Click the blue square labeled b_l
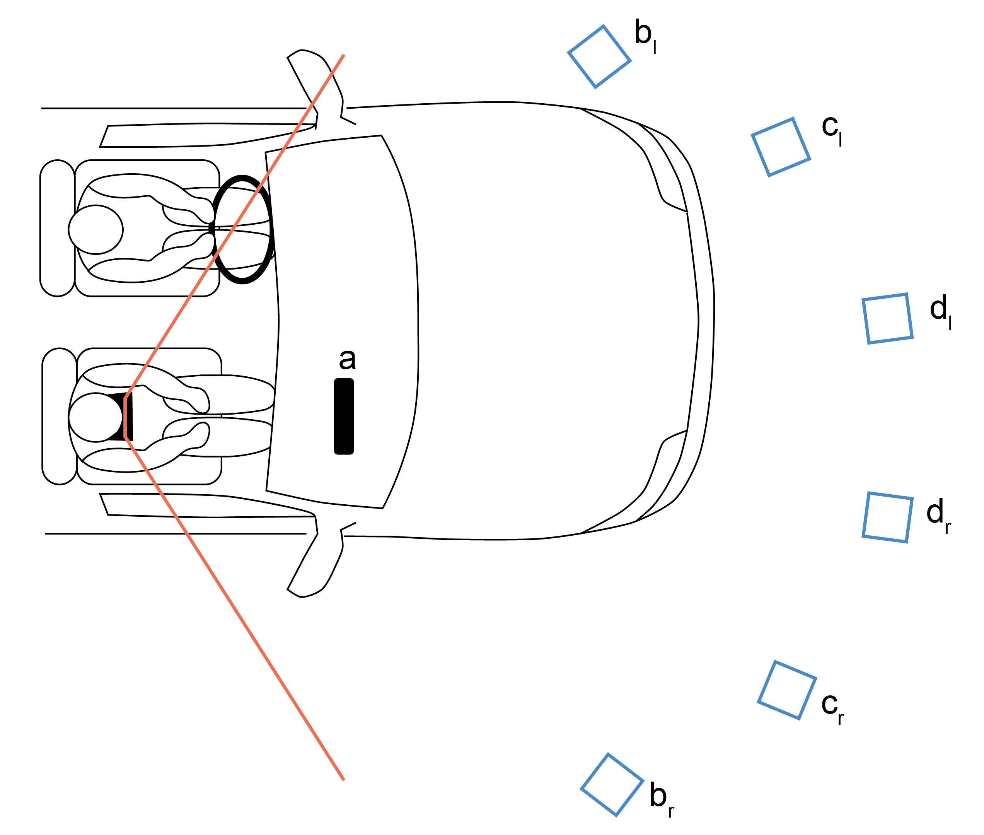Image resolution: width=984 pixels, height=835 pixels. pyautogui.click(x=599, y=56)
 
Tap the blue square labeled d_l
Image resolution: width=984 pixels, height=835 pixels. pyautogui.click(x=887, y=319)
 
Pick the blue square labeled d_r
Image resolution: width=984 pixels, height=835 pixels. pyautogui.click(x=887, y=517)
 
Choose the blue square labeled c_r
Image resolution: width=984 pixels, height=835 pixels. pyautogui.click(x=787, y=690)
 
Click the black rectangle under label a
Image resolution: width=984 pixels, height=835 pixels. pyautogui.click(x=344, y=417)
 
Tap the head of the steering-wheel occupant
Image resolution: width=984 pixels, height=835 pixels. pyautogui.click(x=96, y=230)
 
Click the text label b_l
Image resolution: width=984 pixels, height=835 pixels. pyautogui.click(x=645, y=36)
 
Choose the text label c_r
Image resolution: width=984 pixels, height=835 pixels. pyautogui.click(x=832, y=707)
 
